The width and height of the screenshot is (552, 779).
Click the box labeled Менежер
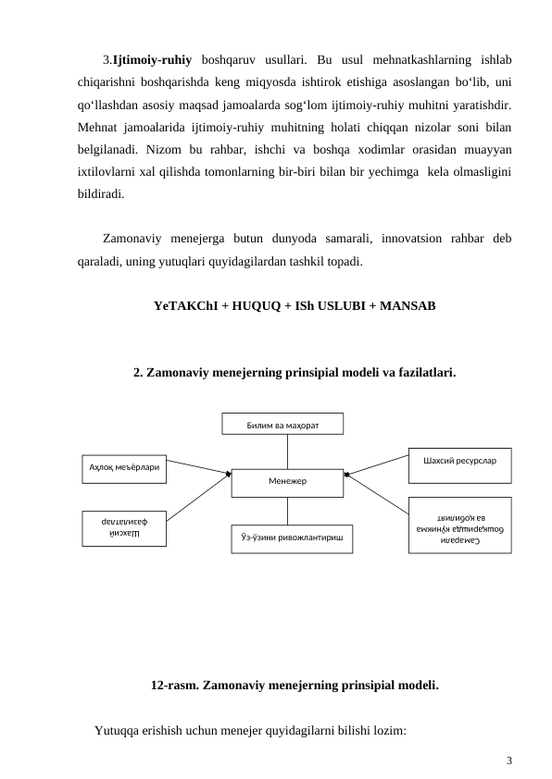coord(287,482)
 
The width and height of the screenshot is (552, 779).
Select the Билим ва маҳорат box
coord(282,424)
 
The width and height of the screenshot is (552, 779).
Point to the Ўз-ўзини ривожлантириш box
coord(292,538)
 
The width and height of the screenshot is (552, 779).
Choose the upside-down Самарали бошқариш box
coord(459,526)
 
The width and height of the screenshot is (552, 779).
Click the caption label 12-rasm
coord(171,686)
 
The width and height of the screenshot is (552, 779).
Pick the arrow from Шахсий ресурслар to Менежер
coord(377,465)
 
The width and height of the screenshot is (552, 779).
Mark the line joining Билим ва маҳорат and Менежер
coord(287,451)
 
